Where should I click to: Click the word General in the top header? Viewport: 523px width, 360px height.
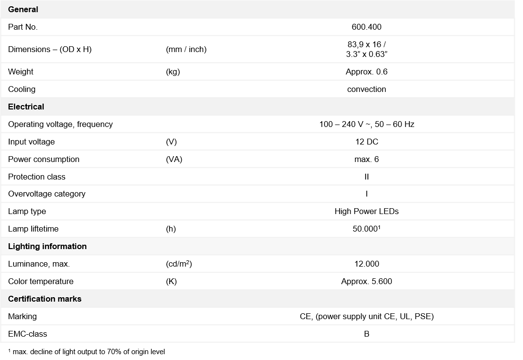[23, 9]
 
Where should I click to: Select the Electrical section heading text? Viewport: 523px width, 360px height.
[26, 107]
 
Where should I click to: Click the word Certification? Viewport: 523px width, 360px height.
[31, 299]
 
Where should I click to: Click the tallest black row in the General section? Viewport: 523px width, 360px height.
[257, 49]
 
